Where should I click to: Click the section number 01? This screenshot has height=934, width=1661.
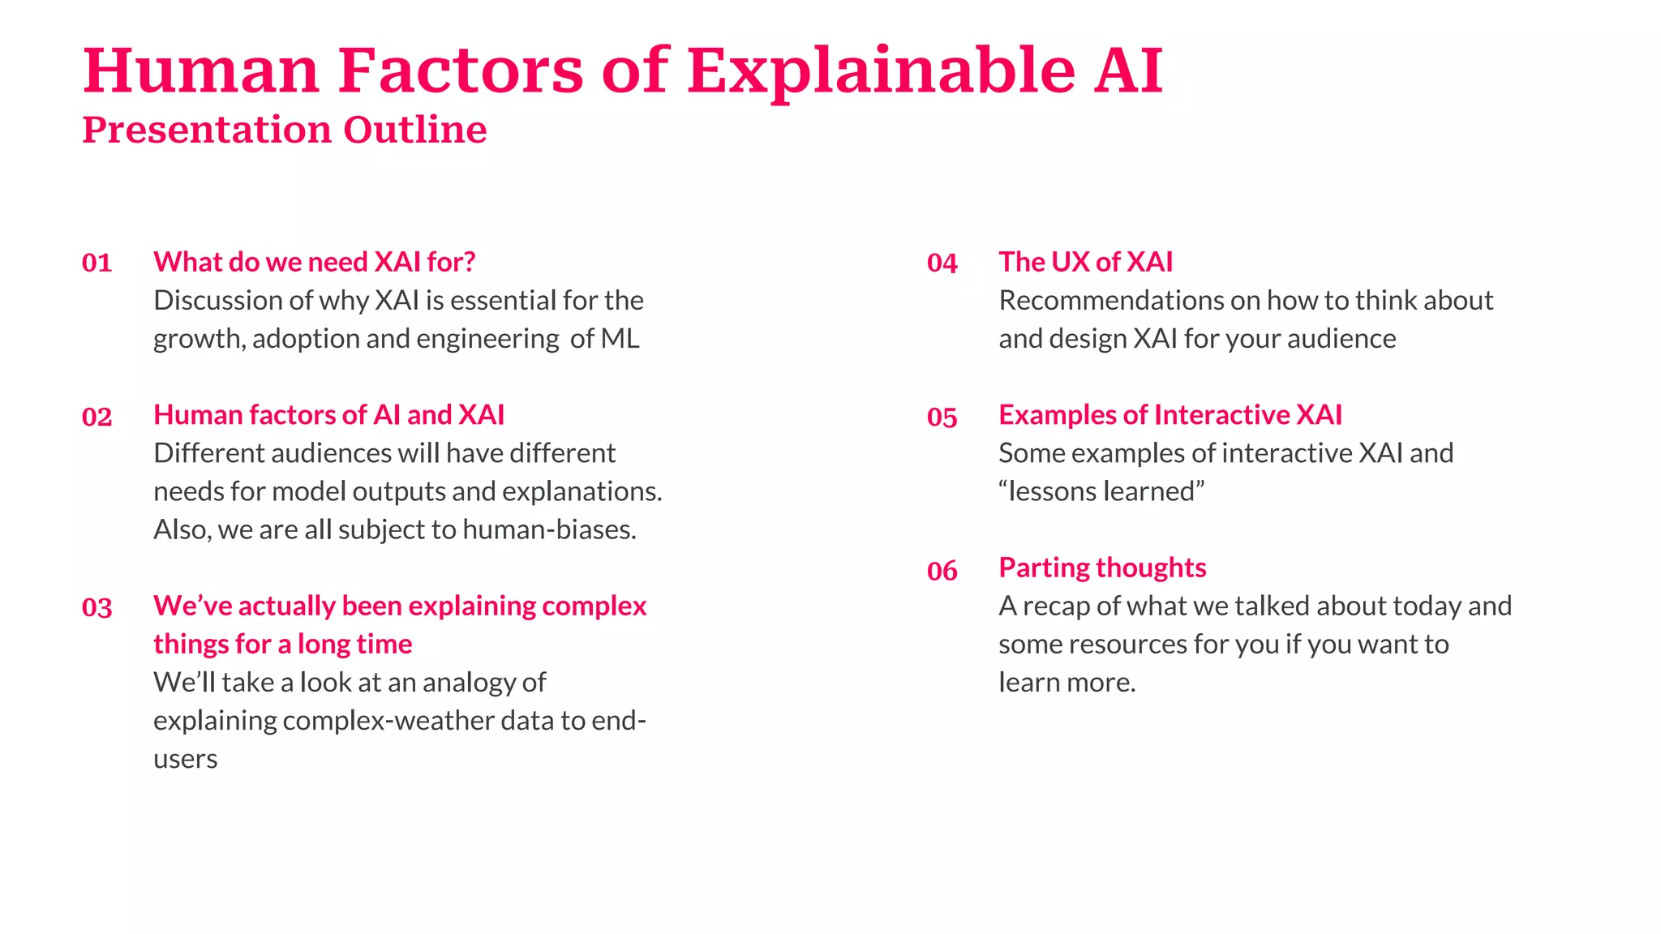[x=97, y=263]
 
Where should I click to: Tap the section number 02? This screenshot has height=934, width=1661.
[x=97, y=417]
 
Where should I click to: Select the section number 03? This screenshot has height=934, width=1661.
[x=97, y=608]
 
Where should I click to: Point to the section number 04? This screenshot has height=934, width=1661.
[x=942, y=263]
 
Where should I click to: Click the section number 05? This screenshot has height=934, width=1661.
[x=942, y=417]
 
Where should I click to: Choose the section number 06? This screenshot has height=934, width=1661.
[x=942, y=571]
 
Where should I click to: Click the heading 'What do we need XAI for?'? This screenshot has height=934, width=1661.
[x=314, y=262]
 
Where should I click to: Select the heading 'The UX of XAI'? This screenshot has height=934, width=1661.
[x=1085, y=262]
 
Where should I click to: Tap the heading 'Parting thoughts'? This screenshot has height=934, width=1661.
[x=1102, y=568]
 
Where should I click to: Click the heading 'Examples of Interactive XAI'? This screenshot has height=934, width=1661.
[x=1170, y=415]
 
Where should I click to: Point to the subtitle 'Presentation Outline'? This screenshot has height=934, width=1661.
[x=284, y=130]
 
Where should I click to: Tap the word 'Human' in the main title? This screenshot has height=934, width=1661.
[x=201, y=71]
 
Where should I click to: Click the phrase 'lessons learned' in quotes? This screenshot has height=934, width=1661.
[x=1101, y=492]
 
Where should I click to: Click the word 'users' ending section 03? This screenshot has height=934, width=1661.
[x=185, y=760]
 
